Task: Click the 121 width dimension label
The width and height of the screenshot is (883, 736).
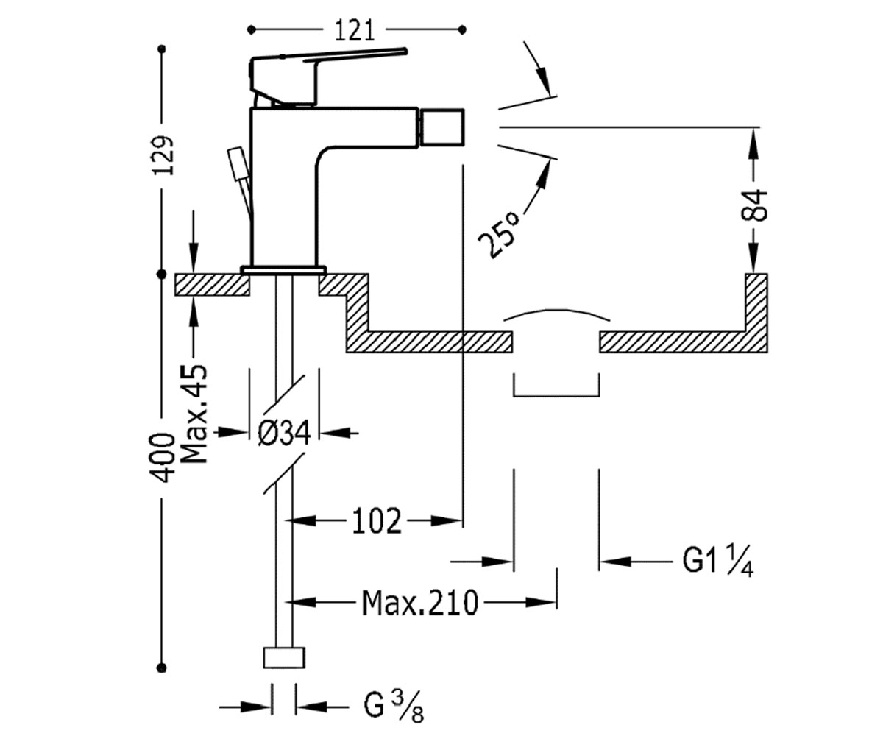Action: point(355,31)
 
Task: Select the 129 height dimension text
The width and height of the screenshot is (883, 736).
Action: point(163,155)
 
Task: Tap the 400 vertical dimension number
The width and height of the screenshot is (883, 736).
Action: point(163,457)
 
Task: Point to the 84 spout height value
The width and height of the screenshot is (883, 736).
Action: point(754,205)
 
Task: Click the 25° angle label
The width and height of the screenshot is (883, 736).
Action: point(499,234)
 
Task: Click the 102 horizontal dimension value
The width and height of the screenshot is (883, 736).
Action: point(376,520)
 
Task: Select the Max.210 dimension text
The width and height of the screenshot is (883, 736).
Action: point(420,603)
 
